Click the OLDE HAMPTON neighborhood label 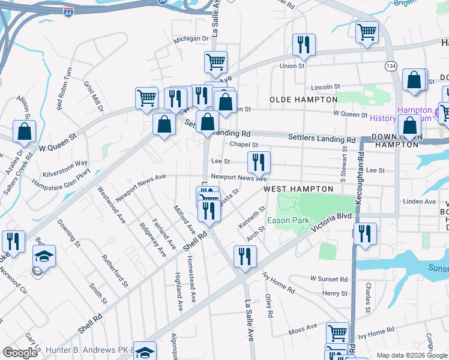(304, 99)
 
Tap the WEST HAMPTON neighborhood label (298, 189)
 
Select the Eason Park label (288, 220)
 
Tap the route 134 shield (391, 65)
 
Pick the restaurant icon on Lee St (259, 162)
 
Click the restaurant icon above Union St (304, 45)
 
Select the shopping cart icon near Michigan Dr (215, 61)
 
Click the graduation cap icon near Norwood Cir (44, 257)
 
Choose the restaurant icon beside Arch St (245, 257)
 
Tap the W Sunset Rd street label (329, 280)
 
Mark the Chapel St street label (244, 145)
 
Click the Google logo (20, 352)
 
